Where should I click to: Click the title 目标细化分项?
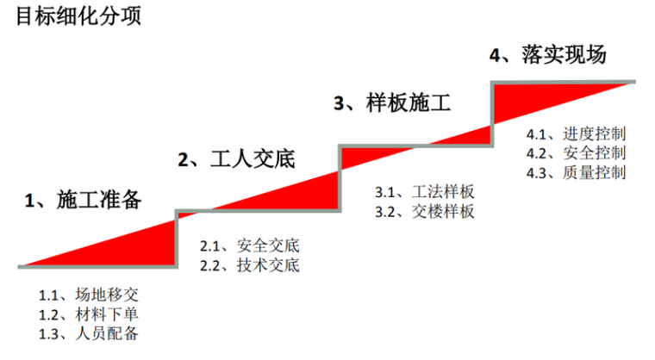tap(78, 16)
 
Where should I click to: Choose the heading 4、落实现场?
tap(548, 55)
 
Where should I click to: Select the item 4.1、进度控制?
tap(576, 134)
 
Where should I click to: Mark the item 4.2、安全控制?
tap(576, 153)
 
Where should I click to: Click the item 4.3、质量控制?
tap(576, 172)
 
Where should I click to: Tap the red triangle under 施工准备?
tap(138, 250)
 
